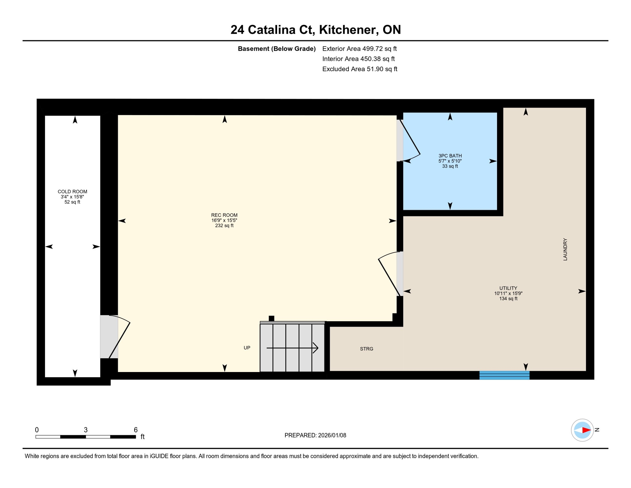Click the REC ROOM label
[x=224, y=215]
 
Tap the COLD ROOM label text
[x=72, y=192]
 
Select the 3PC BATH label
[x=450, y=156]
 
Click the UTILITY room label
[x=508, y=288]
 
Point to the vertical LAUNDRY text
[x=565, y=249]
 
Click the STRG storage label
[x=366, y=349]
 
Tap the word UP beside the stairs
[x=247, y=348]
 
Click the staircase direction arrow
[x=292, y=348]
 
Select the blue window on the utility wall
[x=504, y=375]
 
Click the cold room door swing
[x=119, y=337]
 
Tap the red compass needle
[x=586, y=430]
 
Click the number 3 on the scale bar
[x=86, y=430]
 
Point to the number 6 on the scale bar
[x=136, y=430]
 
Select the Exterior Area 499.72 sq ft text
[x=359, y=49]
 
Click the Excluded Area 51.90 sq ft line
[x=360, y=69]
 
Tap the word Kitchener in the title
[x=349, y=30]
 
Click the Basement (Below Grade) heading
[x=276, y=49]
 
